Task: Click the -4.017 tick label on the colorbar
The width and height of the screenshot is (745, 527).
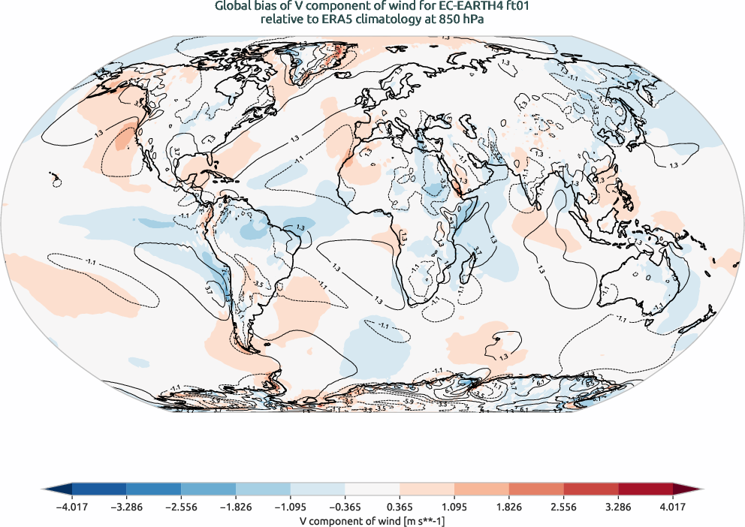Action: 71,506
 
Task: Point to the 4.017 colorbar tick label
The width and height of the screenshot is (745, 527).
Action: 674,506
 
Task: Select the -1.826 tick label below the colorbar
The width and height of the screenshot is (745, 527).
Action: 236,506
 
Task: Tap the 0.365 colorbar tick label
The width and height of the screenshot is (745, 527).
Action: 400,506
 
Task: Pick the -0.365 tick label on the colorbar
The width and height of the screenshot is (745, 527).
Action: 345,506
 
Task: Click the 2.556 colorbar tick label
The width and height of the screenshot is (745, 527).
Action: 564,506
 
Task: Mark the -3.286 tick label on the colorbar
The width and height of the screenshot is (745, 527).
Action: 126,506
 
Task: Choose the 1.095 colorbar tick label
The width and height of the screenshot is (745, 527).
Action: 454,506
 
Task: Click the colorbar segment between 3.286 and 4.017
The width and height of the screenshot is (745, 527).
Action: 646,489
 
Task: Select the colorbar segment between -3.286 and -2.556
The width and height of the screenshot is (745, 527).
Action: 153,489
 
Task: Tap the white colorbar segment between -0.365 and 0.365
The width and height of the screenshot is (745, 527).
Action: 372,489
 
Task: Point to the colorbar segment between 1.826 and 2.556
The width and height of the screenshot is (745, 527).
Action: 536,489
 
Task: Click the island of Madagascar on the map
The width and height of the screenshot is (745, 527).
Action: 470,264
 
